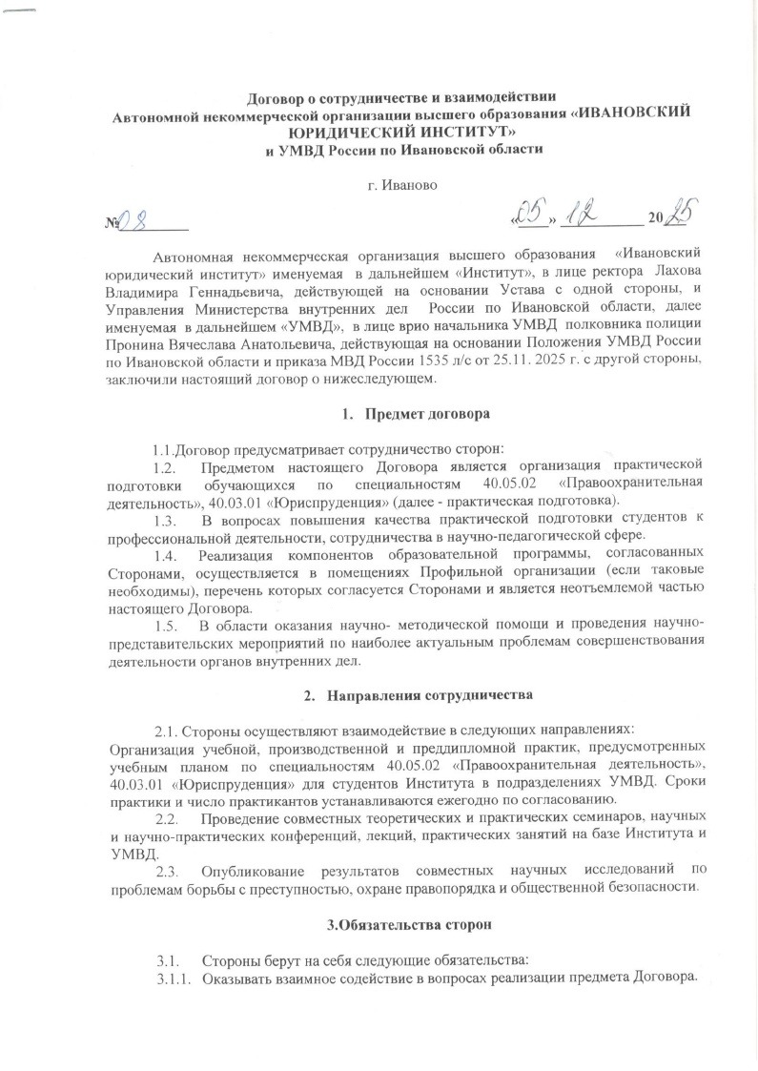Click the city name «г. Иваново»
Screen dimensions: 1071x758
402,184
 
